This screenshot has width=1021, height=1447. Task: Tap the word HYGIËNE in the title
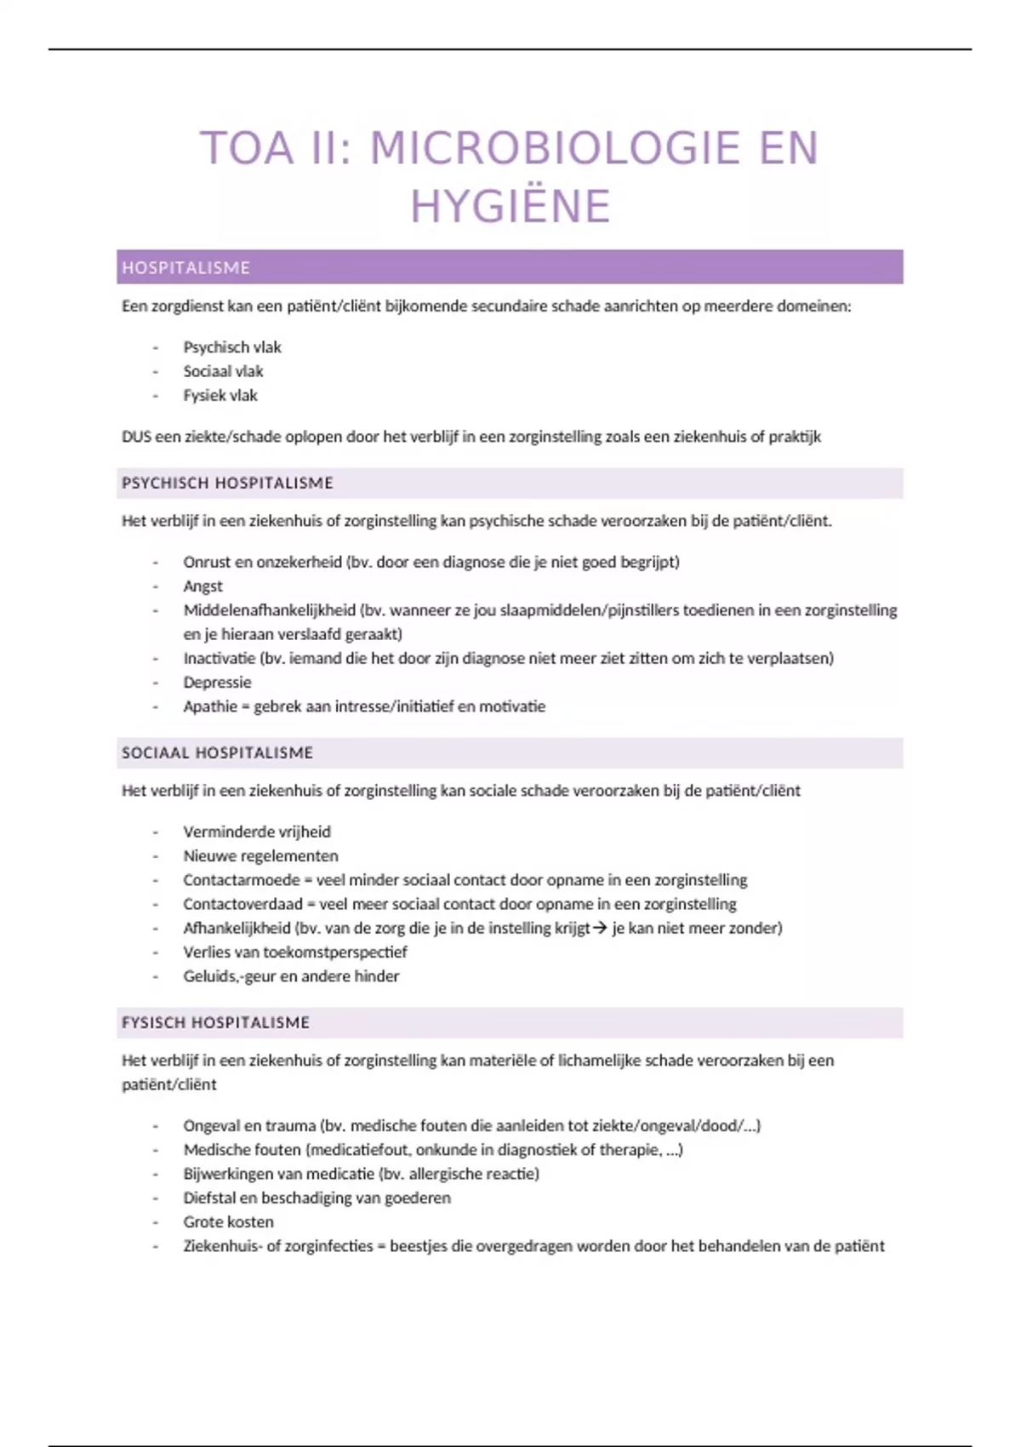[x=510, y=207]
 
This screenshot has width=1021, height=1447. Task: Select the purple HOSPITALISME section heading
[x=186, y=268]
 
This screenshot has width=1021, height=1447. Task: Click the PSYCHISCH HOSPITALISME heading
[x=227, y=483]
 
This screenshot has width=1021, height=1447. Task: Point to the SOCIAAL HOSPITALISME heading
[x=217, y=753]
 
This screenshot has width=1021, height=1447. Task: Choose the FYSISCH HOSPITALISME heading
[x=215, y=1023]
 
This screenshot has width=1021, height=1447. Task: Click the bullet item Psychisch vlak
[x=231, y=347]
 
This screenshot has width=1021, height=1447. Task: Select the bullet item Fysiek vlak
[x=220, y=396]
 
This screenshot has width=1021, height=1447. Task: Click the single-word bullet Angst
[x=202, y=586]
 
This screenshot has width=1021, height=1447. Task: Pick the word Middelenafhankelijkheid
[x=269, y=610]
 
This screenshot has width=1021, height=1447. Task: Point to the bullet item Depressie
[x=217, y=683]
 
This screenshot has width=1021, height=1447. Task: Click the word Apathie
[x=209, y=706]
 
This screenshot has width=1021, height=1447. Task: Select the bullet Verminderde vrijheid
[x=256, y=832]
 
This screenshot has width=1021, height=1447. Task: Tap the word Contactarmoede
[x=241, y=880]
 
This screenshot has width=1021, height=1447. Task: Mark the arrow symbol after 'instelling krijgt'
[x=600, y=929]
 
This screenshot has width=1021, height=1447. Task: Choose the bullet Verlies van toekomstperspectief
[x=294, y=952]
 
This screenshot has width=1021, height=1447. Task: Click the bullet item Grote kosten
[x=228, y=1222]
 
